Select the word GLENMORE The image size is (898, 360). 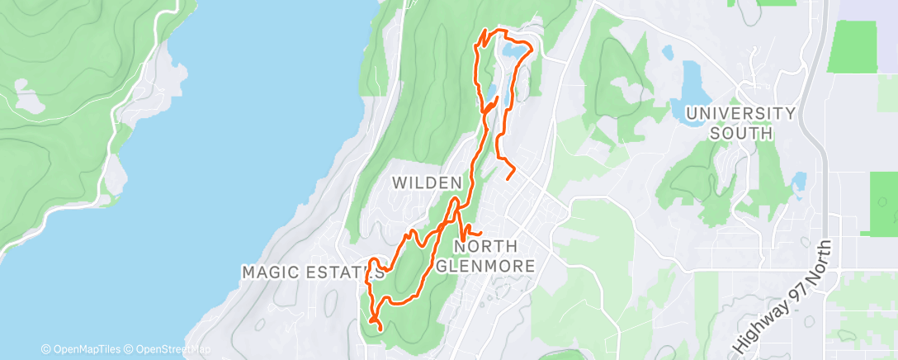point(485,265)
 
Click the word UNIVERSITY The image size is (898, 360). point(740,113)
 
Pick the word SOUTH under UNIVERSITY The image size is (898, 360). point(740,132)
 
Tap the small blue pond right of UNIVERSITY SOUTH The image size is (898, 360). point(798,181)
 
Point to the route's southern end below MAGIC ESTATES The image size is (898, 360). point(380,329)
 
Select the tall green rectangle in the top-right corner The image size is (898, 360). point(852,45)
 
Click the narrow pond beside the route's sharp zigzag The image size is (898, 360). point(491,88)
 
